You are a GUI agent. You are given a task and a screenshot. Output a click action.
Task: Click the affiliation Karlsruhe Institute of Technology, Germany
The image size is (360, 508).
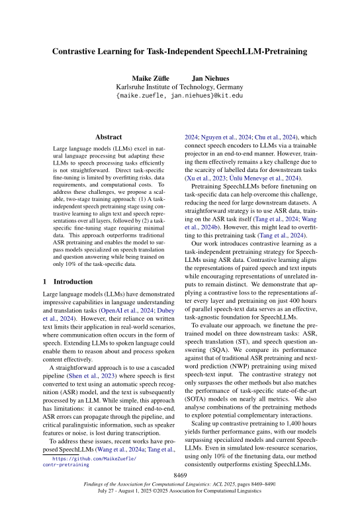tap(179, 87)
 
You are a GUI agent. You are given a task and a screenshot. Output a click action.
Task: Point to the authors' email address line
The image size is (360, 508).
tap(179, 96)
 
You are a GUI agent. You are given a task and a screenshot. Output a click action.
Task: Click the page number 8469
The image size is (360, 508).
tap(180, 476)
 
